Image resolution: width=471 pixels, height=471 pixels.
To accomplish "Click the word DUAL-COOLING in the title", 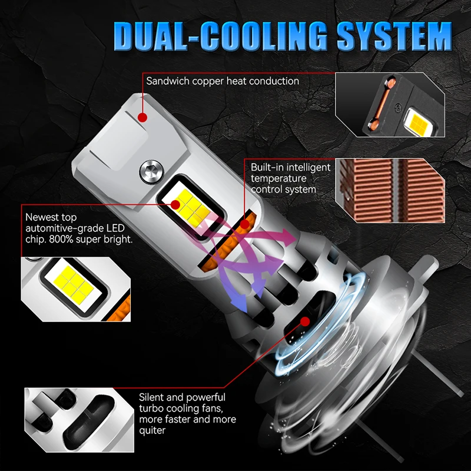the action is (220, 37).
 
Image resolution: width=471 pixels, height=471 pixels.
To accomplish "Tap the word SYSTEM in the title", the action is (394, 36).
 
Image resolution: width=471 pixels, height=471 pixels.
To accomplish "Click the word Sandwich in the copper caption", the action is (168, 81).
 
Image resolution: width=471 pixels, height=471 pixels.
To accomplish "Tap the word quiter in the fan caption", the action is (152, 431).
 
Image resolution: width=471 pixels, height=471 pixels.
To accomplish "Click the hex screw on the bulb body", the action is (152, 172).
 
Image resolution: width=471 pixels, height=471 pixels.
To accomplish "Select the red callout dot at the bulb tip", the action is (142, 117).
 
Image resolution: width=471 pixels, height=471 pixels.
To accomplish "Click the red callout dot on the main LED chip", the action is (175, 205).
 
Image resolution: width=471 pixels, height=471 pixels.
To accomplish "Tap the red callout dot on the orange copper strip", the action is (245, 224).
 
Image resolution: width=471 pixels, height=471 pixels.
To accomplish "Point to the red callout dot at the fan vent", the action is (305, 321).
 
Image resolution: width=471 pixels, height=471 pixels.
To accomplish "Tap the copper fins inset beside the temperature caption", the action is (390, 190).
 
